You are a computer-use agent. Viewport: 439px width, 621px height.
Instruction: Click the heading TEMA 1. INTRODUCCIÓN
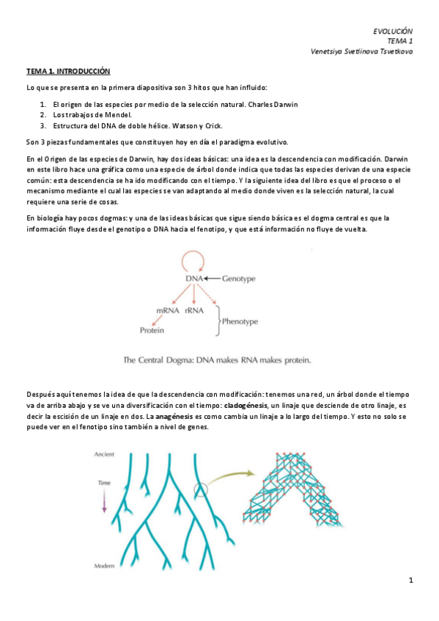pos(68,72)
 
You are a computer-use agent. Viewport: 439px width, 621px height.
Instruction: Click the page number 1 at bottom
pos(412,581)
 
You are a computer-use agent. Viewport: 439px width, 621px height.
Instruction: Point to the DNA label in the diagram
pos(193,279)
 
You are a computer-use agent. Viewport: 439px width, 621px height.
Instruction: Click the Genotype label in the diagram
pos(238,279)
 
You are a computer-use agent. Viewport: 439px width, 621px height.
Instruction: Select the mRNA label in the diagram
pos(168,311)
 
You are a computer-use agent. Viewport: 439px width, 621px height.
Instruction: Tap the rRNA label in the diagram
pos(194,311)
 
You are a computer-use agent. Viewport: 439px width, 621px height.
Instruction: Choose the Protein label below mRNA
pos(152,330)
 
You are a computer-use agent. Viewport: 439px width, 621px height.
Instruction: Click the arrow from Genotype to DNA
pos(213,279)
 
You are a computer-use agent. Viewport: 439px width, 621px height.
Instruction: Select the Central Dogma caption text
pos(218,360)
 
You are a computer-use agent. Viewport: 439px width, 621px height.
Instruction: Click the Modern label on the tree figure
pos(104,566)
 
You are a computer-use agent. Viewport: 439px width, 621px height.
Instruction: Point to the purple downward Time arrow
pos(104,500)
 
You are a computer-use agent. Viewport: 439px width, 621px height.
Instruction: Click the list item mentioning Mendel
pos(92,115)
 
